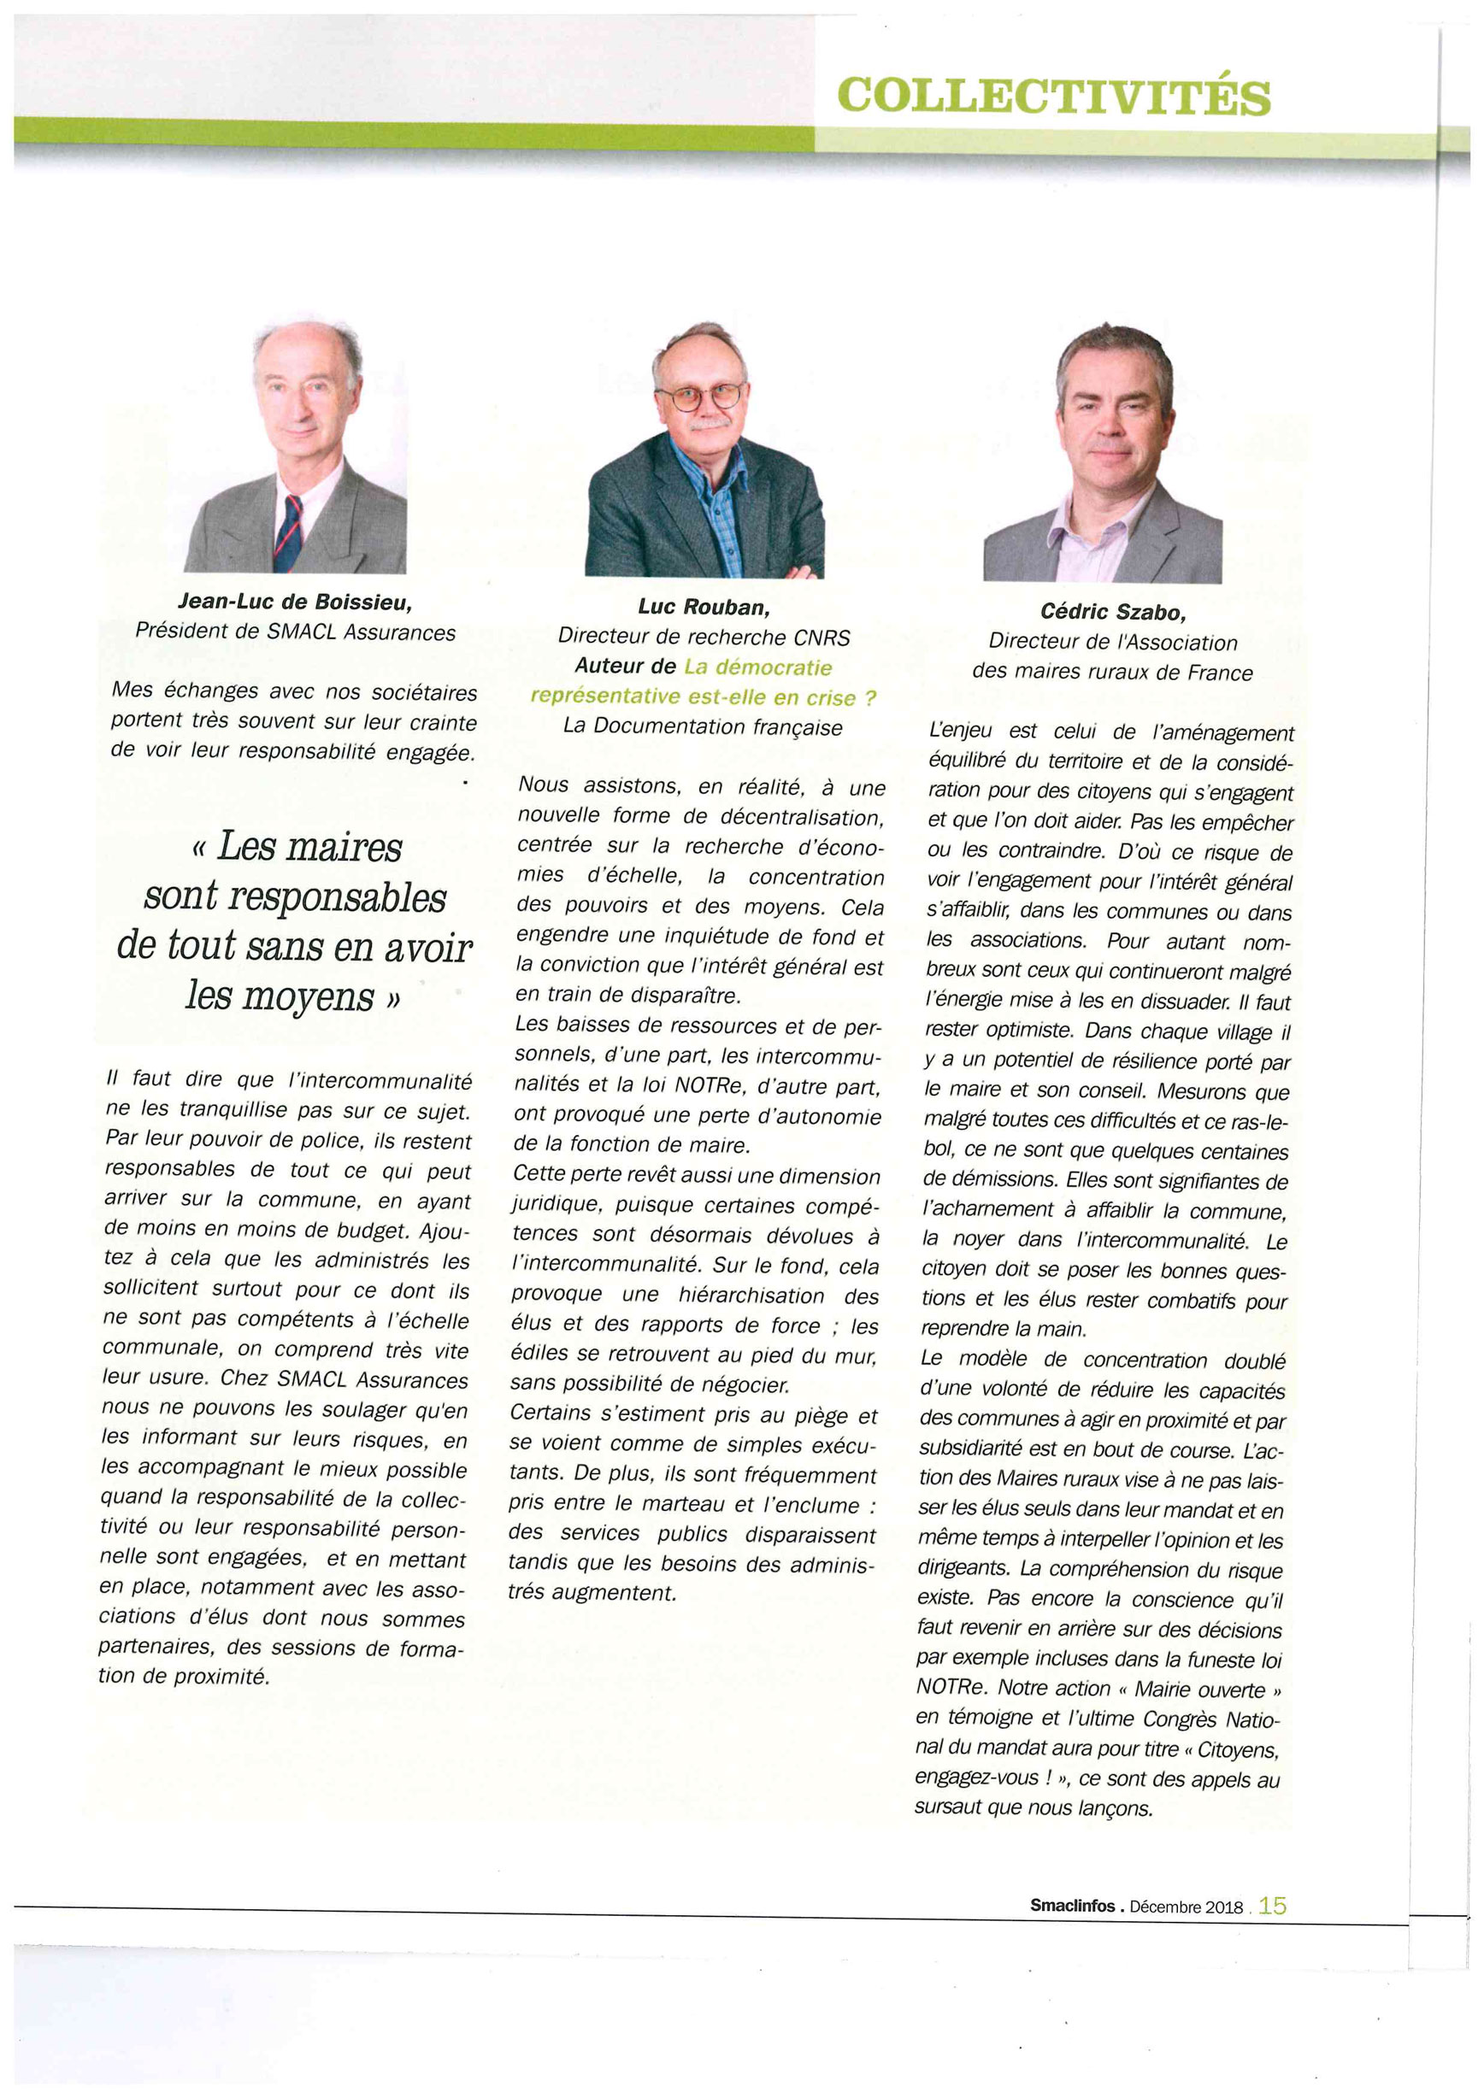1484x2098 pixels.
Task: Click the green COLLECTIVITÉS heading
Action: pyautogui.click(x=1054, y=95)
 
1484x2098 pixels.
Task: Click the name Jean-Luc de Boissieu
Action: pyautogui.click(x=294, y=602)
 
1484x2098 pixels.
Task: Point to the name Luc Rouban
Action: pyautogui.click(x=703, y=607)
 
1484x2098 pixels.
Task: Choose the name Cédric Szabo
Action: pyautogui.click(x=1112, y=612)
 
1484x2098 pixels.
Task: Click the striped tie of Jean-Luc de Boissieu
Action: pyautogui.click(x=289, y=535)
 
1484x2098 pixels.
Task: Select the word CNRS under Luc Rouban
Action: pyautogui.click(x=821, y=637)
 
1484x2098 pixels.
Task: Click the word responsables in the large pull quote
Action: pyautogui.click(x=295, y=896)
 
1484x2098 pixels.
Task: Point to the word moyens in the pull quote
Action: pyautogui.click(x=308, y=995)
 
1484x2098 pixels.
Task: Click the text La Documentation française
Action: pyautogui.click(x=703, y=726)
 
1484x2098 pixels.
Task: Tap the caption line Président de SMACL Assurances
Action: pyautogui.click(x=294, y=632)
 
